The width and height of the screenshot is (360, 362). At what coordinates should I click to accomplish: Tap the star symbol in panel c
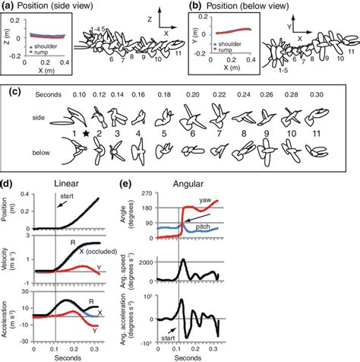[88, 134]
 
